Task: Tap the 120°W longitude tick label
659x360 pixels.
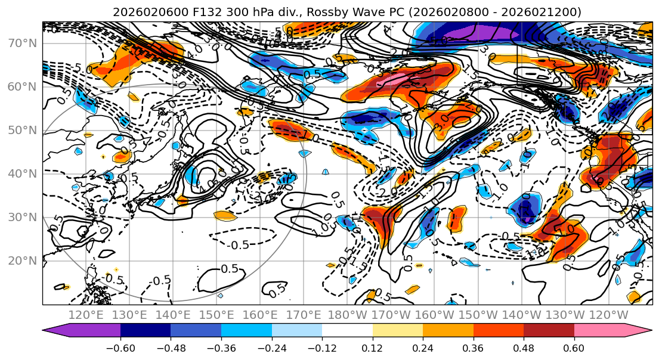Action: tap(609, 314)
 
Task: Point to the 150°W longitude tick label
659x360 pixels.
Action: tap(478, 314)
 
